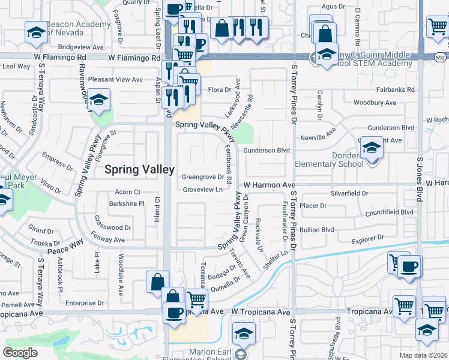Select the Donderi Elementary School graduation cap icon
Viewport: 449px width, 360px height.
(372, 148)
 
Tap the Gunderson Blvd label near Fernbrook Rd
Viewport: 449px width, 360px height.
(267, 150)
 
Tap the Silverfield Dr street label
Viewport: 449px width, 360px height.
(349, 194)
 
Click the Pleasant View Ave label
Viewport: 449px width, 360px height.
(115, 79)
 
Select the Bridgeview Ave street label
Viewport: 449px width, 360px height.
(82, 46)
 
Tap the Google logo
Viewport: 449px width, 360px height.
(20, 353)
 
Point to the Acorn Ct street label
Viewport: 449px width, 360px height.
(128, 192)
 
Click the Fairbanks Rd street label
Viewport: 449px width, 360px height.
(393, 90)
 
